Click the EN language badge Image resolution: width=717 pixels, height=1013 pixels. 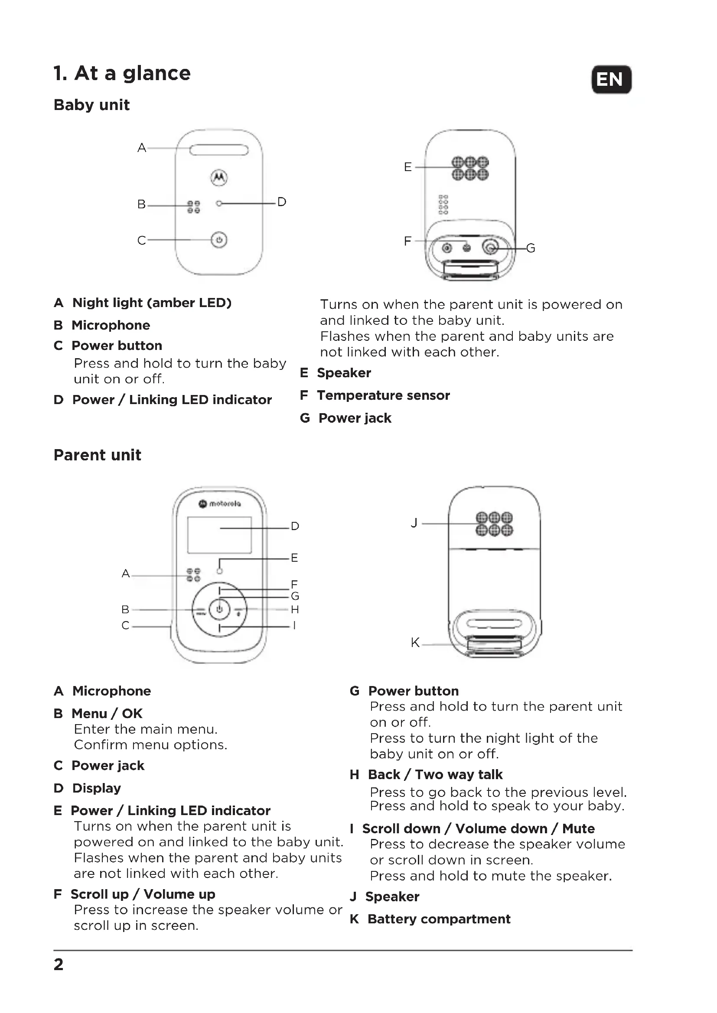[611, 79]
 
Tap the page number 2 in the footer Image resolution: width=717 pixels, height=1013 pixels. [58, 964]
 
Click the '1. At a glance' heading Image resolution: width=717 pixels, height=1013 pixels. [122, 73]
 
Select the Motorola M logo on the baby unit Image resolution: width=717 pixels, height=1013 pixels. [219, 178]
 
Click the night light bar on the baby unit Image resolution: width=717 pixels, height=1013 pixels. [219, 150]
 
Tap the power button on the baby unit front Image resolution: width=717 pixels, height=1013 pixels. [219, 240]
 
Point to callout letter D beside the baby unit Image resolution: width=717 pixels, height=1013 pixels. [282, 202]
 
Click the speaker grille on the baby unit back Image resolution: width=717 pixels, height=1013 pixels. [470, 168]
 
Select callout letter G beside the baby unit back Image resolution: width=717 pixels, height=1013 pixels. [531, 249]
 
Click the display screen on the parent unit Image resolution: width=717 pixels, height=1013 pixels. [219, 535]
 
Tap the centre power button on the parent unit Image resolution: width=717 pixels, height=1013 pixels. [219, 610]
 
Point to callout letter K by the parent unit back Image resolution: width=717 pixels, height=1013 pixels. [415, 643]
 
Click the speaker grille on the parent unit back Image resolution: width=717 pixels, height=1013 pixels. [495, 523]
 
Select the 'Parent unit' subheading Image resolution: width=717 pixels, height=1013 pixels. [97, 455]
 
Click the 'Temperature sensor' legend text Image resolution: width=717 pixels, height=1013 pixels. [383, 395]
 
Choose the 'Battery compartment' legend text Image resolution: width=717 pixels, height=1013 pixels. [439, 919]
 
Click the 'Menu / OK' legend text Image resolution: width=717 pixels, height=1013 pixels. [107, 713]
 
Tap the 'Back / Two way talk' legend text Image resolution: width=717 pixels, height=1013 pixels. [435, 774]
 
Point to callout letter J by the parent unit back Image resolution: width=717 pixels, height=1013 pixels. [414, 523]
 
